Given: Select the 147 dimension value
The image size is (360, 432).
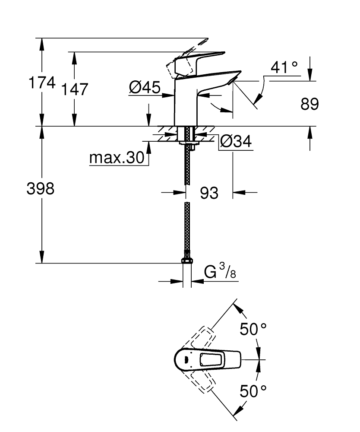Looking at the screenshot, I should coord(74,89).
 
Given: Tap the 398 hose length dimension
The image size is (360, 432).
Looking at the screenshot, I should coord(41,188).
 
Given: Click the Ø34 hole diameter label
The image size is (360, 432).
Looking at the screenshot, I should coord(236,141).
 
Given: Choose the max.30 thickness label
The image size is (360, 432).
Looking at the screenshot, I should coord(116,159).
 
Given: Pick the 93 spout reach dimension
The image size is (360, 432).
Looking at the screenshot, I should coord(209,193).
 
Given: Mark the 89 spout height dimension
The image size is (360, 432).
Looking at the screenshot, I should coord(309,104).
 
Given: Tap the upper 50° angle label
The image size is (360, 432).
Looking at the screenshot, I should coord(253,330).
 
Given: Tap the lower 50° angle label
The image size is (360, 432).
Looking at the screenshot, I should coord(253,391).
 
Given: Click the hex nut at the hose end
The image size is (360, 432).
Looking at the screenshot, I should coord(187,260).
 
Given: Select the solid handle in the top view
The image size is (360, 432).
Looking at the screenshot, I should coord(207,359).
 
